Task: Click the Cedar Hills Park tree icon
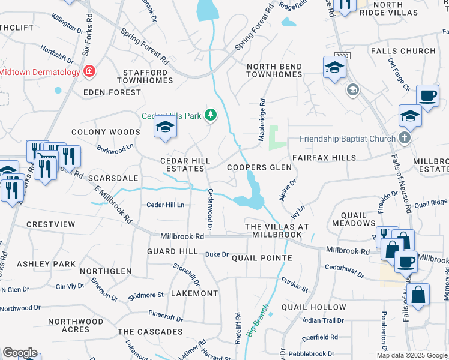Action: click(x=210, y=115)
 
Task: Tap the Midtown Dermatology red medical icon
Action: click(x=89, y=72)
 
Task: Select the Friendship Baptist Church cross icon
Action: click(x=405, y=139)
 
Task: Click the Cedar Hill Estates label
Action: click(x=185, y=165)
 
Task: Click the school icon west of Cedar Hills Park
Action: click(x=165, y=127)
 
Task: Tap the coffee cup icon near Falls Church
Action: click(x=427, y=96)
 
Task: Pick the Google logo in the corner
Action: click(x=20, y=353)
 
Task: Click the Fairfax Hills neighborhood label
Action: click(x=324, y=158)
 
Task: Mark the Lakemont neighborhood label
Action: click(x=194, y=293)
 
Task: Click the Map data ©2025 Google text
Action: click(x=412, y=355)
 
